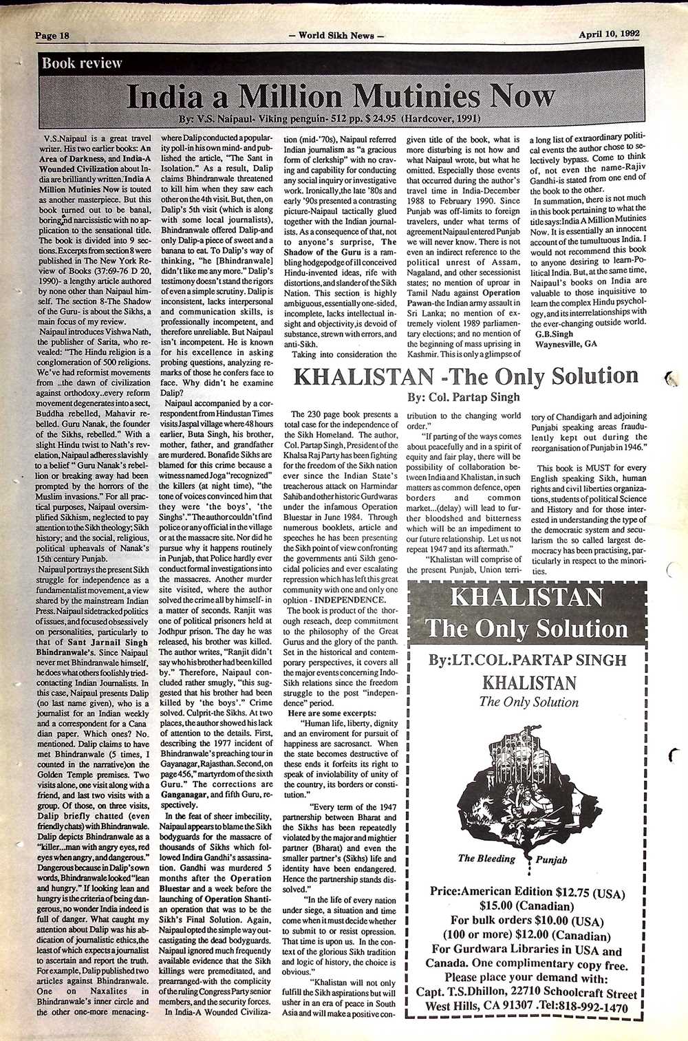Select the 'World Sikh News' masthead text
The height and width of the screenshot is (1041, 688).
[337, 35]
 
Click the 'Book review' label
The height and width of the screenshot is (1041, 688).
[82, 63]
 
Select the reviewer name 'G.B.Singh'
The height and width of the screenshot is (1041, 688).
[554, 334]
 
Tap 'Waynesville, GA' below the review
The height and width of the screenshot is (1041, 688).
[566, 343]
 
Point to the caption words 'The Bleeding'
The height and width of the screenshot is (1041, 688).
[486, 858]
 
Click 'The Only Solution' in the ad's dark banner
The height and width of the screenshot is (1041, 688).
[526, 629]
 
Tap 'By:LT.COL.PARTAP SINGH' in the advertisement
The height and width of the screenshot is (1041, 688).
[527, 660]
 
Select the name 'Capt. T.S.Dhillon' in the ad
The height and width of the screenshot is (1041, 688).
[462, 993]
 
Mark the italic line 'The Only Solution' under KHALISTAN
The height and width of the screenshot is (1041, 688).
[528, 702]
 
